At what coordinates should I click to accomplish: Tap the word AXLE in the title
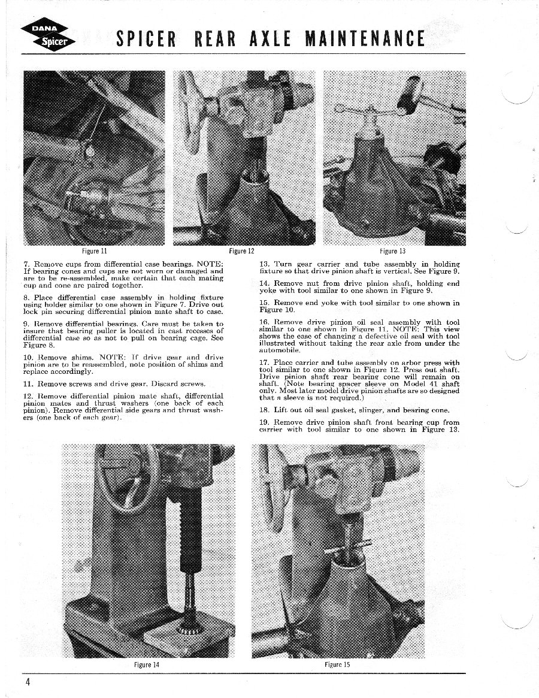(x=267, y=39)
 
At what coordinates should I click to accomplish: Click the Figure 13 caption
(x=393, y=251)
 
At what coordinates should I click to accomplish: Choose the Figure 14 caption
(x=147, y=664)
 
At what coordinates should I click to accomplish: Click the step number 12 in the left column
(x=28, y=396)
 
